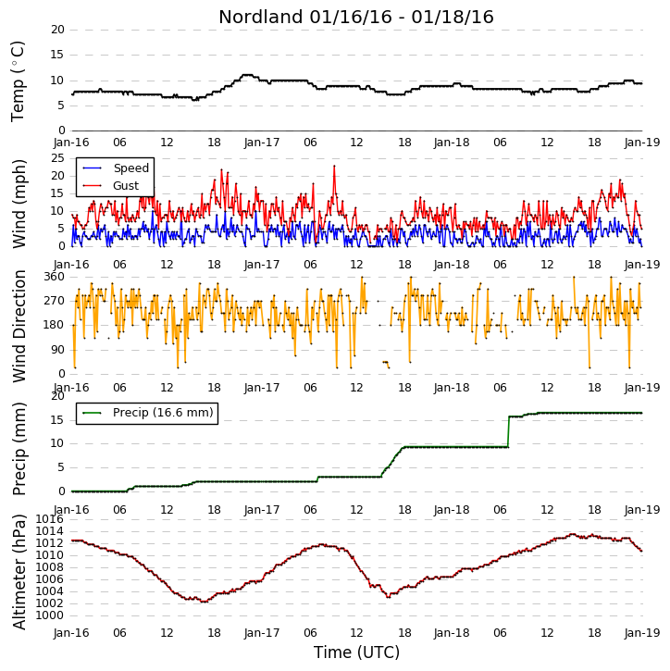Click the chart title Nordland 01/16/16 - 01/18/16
pyautogui.click(x=356, y=17)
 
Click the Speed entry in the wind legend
pyautogui.click(x=116, y=168)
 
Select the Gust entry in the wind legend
pyautogui.click(x=111, y=186)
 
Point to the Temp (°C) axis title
pyautogui.click(x=18, y=81)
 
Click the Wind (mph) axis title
pyautogui.click(x=19, y=204)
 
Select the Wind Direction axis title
pyautogui.click(x=19, y=326)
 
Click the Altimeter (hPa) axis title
pyautogui.click(x=19, y=572)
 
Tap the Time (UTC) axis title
pyautogui.click(x=356, y=652)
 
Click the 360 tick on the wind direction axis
pyautogui.click(x=55, y=277)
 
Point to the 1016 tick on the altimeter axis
pyautogui.click(x=49, y=519)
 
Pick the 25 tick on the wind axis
pyautogui.click(x=57, y=158)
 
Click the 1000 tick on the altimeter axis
pyautogui.click(x=49, y=615)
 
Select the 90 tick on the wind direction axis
pyautogui.click(x=57, y=350)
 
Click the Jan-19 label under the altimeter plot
pyautogui.click(x=641, y=632)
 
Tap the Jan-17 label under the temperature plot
pyautogui.click(x=261, y=143)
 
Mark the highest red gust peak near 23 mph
pyautogui.click(x=334, y=166)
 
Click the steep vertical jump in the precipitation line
pyautogui.click(x=508, y=431)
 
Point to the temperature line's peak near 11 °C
pyautogui.click(x=247, y=75)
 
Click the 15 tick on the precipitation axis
pyautogui.click(x=57, y=420)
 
